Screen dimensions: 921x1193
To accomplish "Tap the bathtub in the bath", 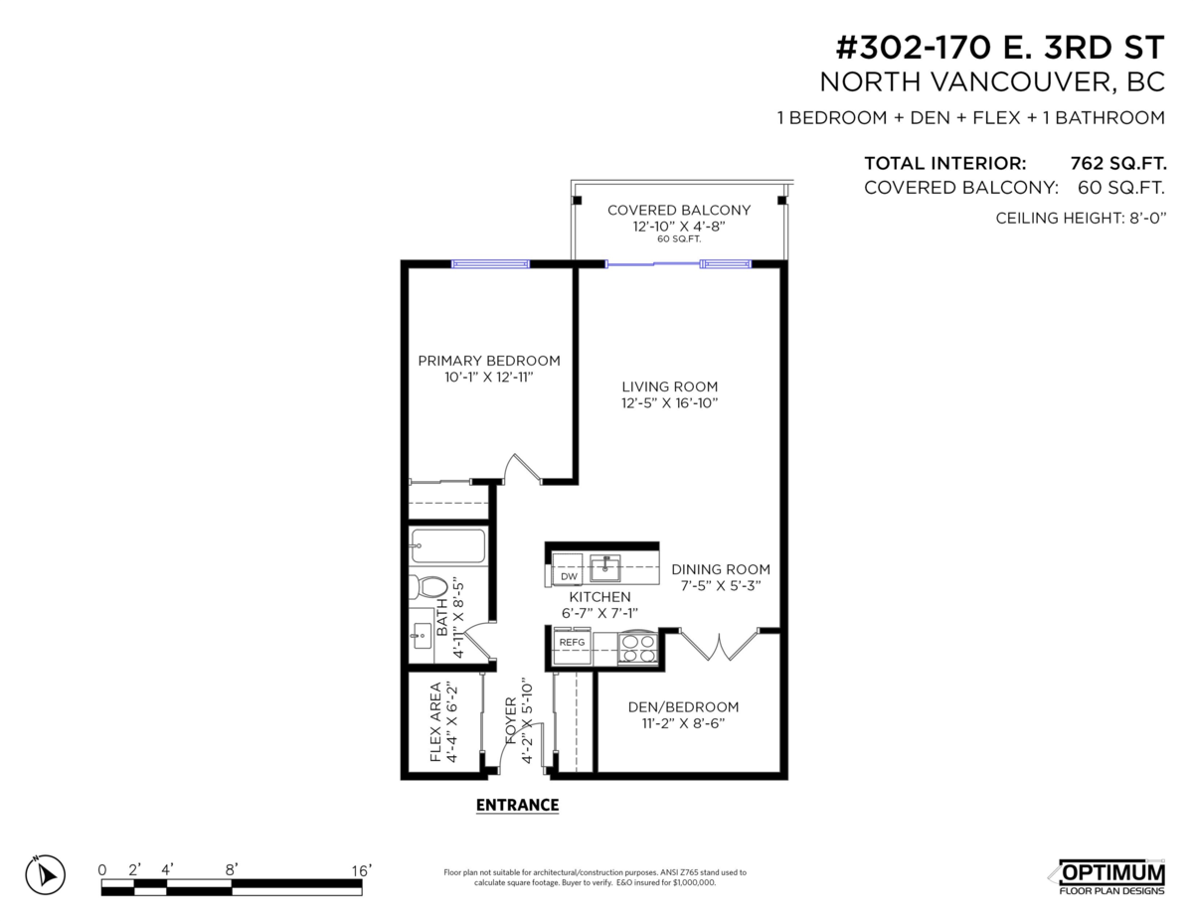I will pos(447,546).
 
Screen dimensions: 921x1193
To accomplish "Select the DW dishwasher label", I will pos(569,576).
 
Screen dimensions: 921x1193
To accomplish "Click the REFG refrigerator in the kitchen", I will pos(572,643).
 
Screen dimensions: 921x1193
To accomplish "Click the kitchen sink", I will pos(605,568).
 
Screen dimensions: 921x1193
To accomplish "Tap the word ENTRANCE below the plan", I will pos(517,805).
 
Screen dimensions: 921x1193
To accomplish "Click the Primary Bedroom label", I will pos(488,361).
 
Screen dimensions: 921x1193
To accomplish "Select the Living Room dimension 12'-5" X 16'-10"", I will pos(669,403).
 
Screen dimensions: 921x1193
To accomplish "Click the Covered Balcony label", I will pos(678,210).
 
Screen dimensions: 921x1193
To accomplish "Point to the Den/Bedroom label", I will pos(683,707).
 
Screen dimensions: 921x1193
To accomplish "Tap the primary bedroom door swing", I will pos(522,468).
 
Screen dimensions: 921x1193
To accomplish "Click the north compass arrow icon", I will pos(45,874).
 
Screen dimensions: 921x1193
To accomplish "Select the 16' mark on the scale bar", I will pos(362,869).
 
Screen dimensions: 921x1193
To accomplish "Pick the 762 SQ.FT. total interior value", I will pos(1117,163).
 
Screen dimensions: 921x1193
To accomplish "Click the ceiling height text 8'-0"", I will pos(1140,218).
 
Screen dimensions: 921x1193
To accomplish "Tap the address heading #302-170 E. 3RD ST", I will pos(999,48).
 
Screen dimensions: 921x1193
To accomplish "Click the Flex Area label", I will pos(442,722).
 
